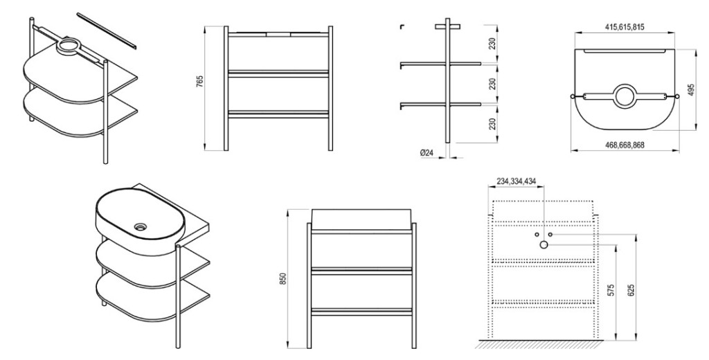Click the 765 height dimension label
200,82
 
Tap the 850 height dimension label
283,279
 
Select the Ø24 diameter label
427,153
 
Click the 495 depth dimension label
690,89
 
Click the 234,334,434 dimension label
517,181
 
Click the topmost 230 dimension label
492,43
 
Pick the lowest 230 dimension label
492,123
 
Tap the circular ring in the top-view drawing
625,96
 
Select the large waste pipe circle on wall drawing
544,245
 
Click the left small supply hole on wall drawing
537,234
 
